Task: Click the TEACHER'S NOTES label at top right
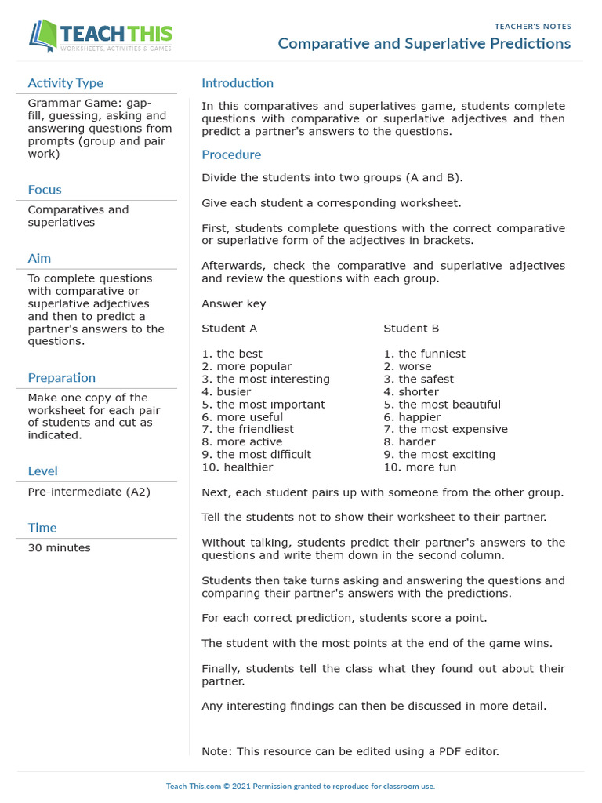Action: click(532, 27)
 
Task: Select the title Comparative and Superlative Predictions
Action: click(424, 44)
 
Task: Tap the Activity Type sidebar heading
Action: click(65, 83)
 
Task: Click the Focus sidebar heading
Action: click(44, 190)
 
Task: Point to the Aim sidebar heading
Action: click(39, 259)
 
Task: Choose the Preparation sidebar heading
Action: click(61, 378)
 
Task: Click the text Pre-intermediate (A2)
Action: click(89, 492)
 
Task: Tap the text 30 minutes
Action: click(59, 548)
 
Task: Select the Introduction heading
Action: click(238, 83)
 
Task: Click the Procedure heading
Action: click(231, 154)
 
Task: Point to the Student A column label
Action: click(229, 329)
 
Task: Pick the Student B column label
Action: click(411, 329)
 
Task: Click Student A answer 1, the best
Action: click(232, 354)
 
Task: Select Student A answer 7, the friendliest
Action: click(248, 429)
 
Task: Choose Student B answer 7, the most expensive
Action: click(445, 429)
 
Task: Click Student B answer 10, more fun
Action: click(419, 467)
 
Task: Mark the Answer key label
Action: click(234, 303)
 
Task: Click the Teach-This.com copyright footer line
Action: click(300, 787)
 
